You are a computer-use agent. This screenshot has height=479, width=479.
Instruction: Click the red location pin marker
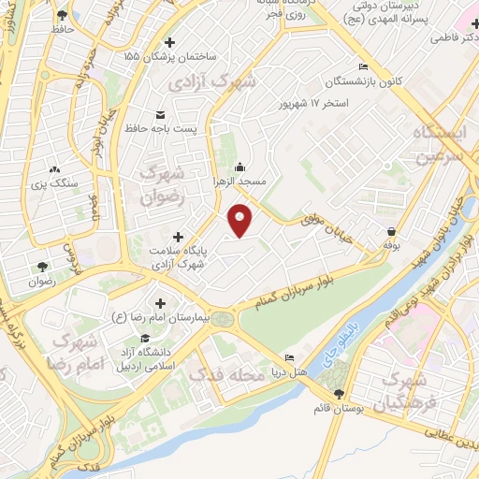click(241, 220)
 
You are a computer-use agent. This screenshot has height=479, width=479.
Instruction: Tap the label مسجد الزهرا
click(242, 179)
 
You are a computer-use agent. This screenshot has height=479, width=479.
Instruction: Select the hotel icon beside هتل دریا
click(289, 358)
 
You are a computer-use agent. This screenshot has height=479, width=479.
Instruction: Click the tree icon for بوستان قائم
click(337, 394)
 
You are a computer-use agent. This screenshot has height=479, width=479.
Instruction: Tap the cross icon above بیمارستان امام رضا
click(160, 303)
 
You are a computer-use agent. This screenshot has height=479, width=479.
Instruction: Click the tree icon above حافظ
click(62, 15)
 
